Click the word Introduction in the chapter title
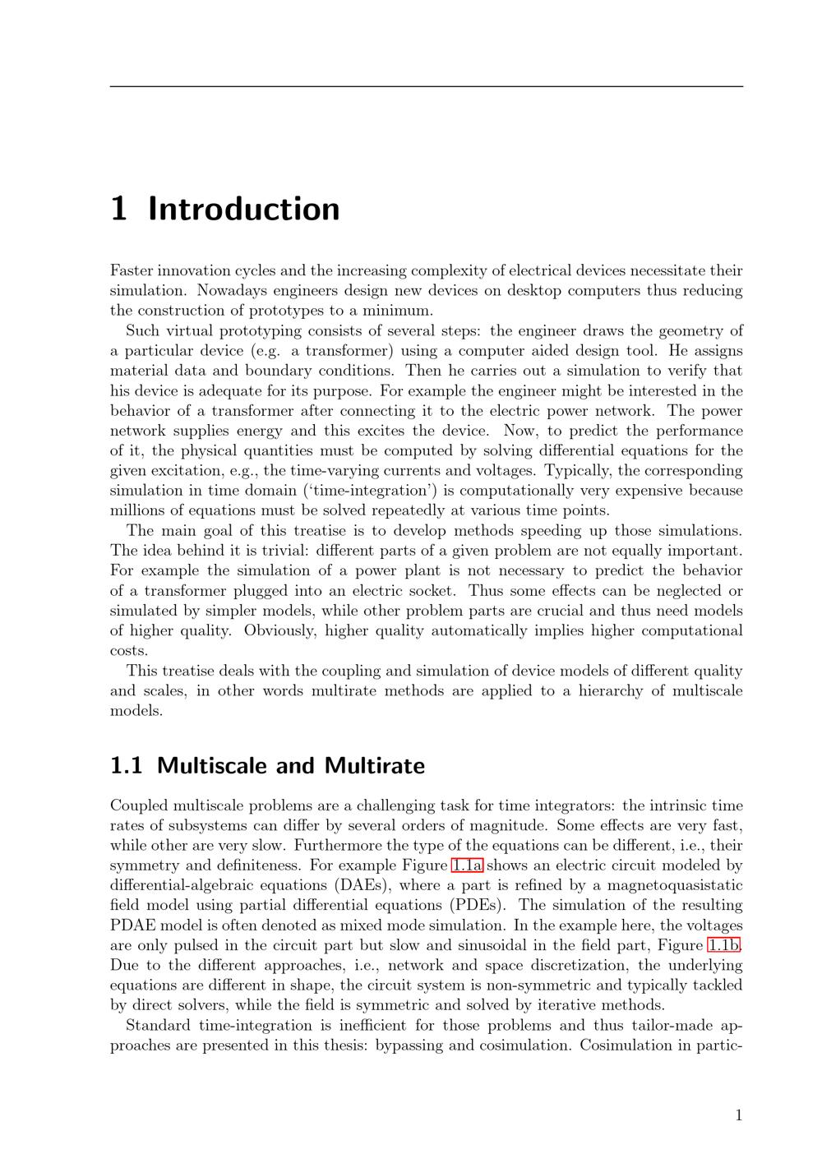coord(243,210)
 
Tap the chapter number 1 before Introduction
coord(119,210)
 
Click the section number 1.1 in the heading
coord(126,766)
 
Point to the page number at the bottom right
coord(738,1115)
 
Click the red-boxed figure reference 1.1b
coord(724,945)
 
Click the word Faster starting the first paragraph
coord(132,270)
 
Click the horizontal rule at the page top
coord(426,86)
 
